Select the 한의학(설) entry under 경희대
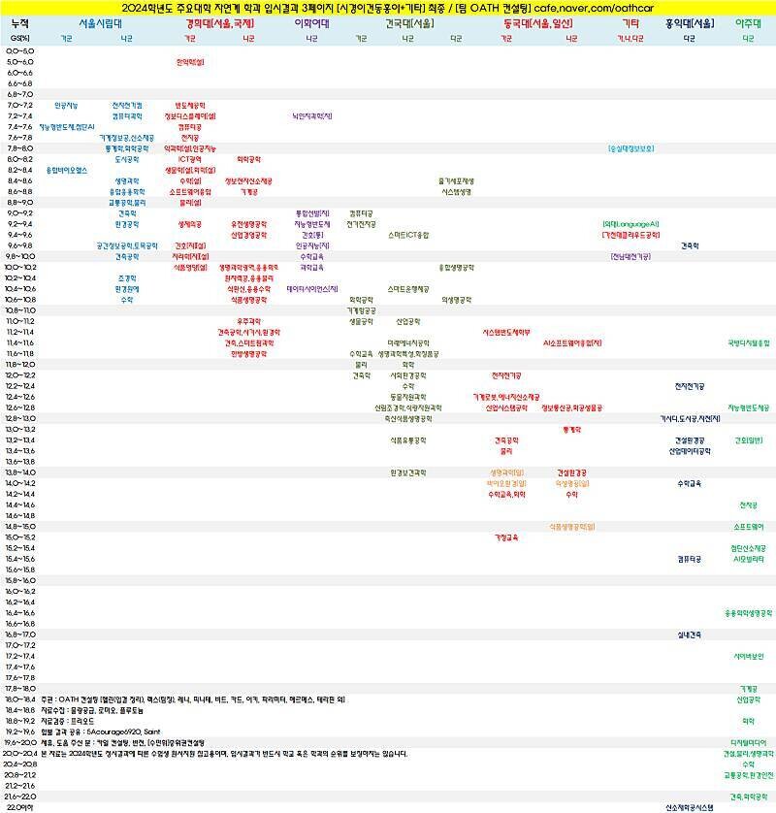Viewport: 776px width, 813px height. tap(190, 62)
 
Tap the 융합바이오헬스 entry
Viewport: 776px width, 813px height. tap(67, 170)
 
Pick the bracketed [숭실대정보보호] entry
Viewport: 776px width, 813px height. tap(631, 148)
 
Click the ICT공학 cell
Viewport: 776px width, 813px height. tap(190, 159)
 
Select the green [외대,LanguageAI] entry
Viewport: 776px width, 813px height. tap(631, 224)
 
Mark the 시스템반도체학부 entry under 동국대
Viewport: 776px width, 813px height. tap(506, 332)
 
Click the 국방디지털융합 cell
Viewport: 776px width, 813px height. tap(749, 342)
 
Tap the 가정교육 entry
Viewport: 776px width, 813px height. tap(506, 537)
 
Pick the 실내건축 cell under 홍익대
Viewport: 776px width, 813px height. tap(690, 634)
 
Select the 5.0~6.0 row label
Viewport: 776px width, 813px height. tap(20, 62)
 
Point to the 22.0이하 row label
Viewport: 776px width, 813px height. tap(20, 807)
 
